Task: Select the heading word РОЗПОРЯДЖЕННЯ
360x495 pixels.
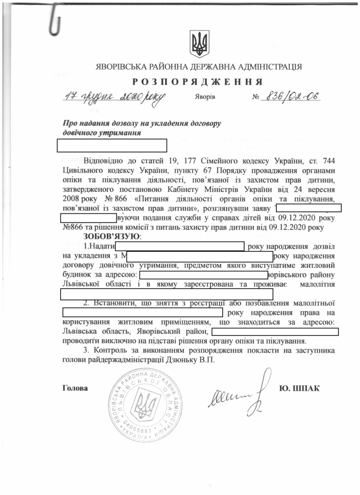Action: point(198,81)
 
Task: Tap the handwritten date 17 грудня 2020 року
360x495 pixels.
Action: point(114,96)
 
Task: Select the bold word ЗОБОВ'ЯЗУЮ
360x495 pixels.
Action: point(112,236)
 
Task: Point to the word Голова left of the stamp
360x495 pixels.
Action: point(75,388)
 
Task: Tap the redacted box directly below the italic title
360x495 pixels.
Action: point(112,145)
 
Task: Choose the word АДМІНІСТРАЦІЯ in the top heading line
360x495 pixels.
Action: point(265,66)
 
